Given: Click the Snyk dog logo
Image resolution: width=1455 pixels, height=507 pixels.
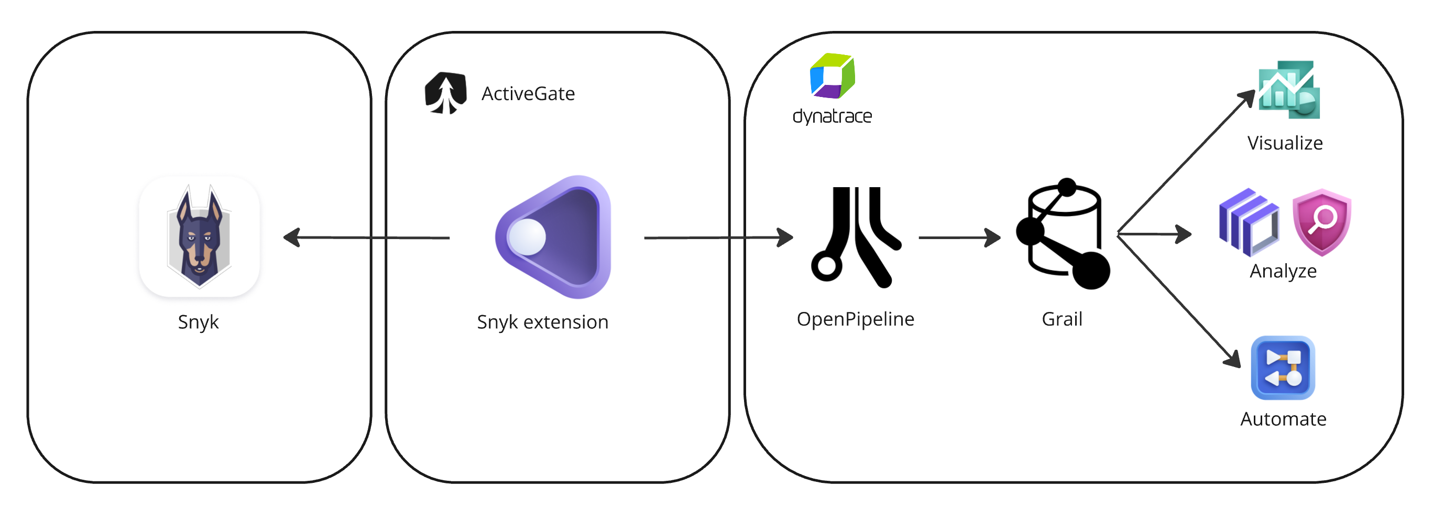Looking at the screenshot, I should pyautogui.click(x=199, y=236).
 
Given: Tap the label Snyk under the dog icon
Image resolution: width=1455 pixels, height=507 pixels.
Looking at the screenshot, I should pyautogui.click(x=198, y=321).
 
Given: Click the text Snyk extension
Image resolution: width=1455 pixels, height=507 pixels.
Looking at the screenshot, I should pyautogui.click(x=542, y=321).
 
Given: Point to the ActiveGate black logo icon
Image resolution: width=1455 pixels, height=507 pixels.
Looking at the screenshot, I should pyautogui.click(x=446, y=93).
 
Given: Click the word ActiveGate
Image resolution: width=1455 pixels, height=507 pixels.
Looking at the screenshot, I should pyautogui.click(x=528, y=93).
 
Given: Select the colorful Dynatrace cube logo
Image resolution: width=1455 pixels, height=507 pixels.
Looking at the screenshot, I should pyautogui.click(x=832, y=75).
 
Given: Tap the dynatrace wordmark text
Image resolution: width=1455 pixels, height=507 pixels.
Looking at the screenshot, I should pyautogui.click(x=832, y=116).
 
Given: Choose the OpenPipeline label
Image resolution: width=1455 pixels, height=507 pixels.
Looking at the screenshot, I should pyautogui.click(x=855, y=319).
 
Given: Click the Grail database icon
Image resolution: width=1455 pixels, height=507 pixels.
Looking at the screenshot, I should pyautogui.click(x=1064, y=234).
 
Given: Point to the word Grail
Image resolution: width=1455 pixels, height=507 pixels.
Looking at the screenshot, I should pyautogui.click(x=1062, y=319).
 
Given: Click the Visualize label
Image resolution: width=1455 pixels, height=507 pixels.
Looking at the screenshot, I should pyautogui.click(x=1285, y=143).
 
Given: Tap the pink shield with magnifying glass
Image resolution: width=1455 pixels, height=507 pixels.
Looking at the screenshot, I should pyautogui.click(x=1321, y=222).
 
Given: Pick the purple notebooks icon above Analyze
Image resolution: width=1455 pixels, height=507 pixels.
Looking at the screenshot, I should pyautogui.click(x=1248, y=222).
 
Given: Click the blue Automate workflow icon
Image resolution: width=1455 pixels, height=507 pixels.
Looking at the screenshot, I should pyautogui.click(x=1283, y=368).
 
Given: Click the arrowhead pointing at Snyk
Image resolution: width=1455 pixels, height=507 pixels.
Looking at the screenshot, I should pyautogui.click(x=291, y=238).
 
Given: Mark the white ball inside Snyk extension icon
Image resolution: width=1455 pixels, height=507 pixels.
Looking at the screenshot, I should pyautogui.click(x=527, y=236).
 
